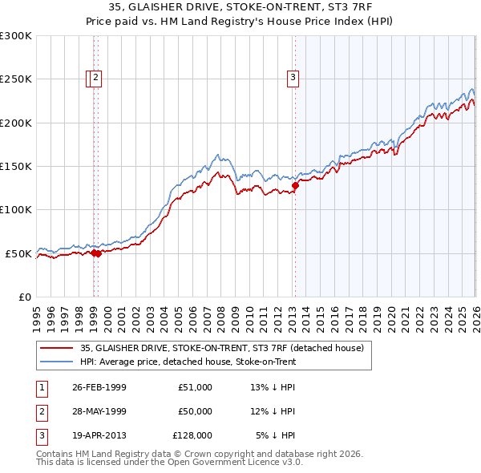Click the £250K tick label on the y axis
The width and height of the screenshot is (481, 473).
[15, 79]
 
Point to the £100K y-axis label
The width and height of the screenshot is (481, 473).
[15, 209]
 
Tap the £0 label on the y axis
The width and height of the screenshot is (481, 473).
[24, 297]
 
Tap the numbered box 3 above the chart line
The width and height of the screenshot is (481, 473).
[293, 78]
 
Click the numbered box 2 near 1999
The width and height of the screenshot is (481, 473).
[96, 78]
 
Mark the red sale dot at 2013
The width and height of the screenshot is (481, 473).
[295, 185]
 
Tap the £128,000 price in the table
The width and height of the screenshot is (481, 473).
[192, 435]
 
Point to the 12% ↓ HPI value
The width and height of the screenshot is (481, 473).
[273, 411]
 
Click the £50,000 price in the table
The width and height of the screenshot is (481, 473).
[195, 411]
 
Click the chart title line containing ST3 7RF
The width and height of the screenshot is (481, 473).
[240, 8]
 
